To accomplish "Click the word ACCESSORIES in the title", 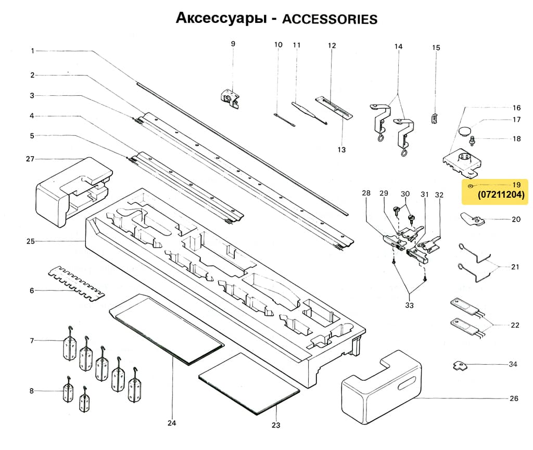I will (329, 19).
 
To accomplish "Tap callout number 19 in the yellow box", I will (516, 185).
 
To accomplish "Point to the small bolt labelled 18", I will (473, 140).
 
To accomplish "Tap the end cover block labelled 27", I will (73, 190).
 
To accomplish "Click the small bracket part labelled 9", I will (230, 97).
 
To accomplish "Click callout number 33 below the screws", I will (409, 305).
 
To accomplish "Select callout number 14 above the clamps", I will (398, 47).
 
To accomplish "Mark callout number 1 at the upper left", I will (32, 51).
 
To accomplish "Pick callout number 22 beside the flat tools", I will (515, 325).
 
